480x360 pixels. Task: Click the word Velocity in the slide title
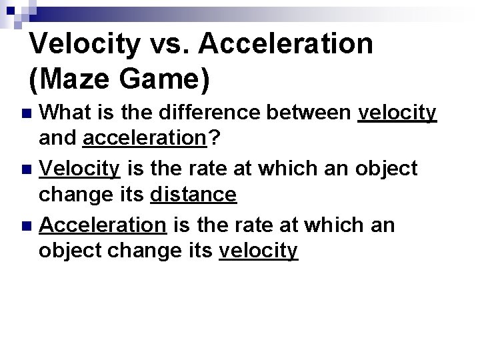pyautogui.click(x=85, y=44)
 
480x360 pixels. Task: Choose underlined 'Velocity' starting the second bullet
pyautogui.click(x=79, y=169)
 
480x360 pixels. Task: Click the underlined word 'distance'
pyautogui.click(x=194, y=195)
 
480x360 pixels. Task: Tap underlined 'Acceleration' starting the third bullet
pyautogui.click(x=102, y=225)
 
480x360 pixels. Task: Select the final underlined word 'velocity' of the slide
pyautogui.click(x=259, y=251)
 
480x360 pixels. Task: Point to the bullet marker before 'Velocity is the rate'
pyautogui.click(x=26, y=169)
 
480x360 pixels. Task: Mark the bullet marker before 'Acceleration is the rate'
pyautogui.click(x=26, y=225)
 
